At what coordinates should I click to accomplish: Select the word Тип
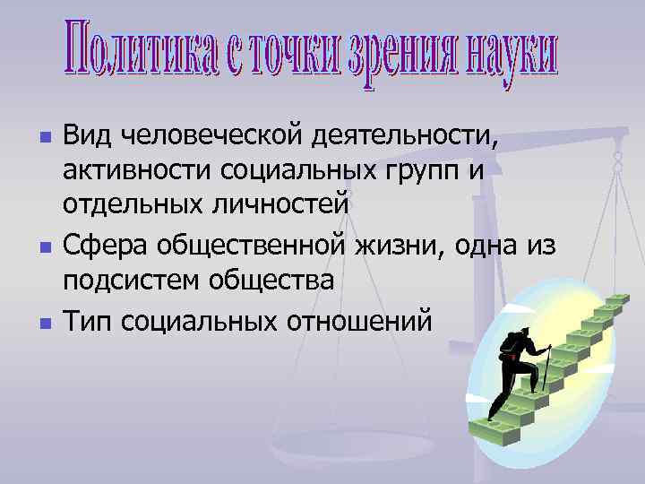tap(86, 316)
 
